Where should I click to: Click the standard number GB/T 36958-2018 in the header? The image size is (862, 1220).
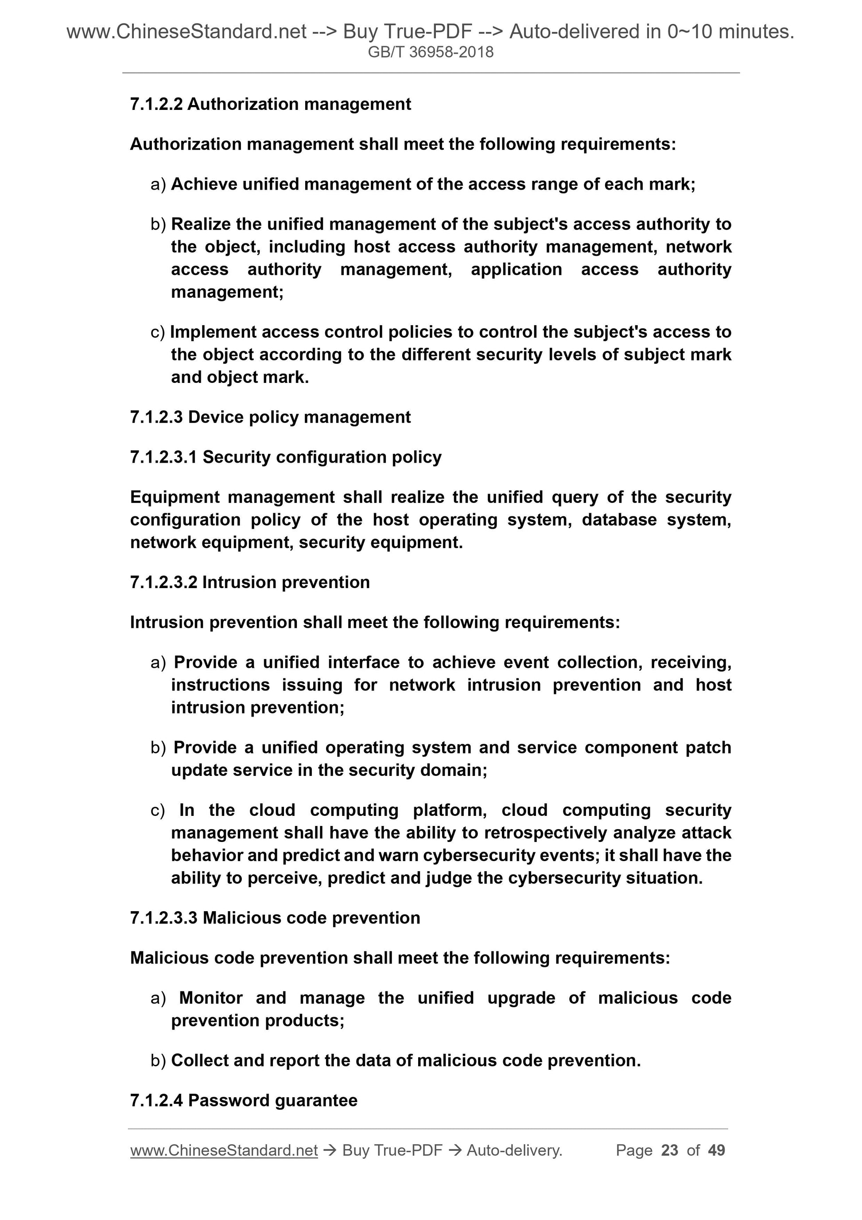point(430,52)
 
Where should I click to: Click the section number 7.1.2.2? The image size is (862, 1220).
point(156,104)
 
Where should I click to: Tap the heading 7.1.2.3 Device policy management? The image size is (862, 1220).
point(270,417)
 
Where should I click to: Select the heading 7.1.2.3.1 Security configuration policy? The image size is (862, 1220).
point(285,457)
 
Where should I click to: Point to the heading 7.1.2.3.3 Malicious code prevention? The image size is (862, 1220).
point(275,918)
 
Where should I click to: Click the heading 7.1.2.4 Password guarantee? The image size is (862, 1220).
point(243,1100)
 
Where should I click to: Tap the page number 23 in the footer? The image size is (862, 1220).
point(669,1150)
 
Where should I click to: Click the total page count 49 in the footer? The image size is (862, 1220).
point(716,1150)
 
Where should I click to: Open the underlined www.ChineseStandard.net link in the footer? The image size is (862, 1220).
point(224,1150)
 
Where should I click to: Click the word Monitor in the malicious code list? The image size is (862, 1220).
point(211,998)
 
